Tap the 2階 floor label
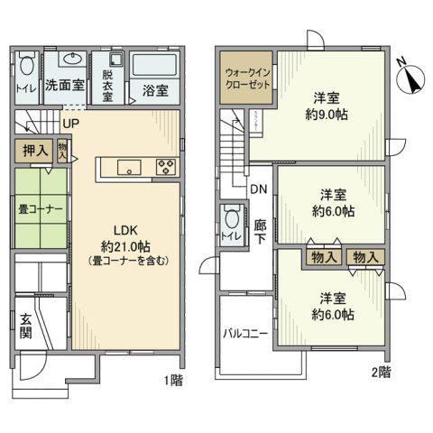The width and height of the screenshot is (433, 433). (x=380, y=371)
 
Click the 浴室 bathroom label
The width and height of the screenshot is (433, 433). (x=155, y=90)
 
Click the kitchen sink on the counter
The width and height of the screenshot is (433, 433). (x=128, y=165)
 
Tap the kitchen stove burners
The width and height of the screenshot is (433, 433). (x=169, y=165)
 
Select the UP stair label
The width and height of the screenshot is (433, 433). (x=69, y=123)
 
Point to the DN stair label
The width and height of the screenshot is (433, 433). (x=258, y=190)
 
